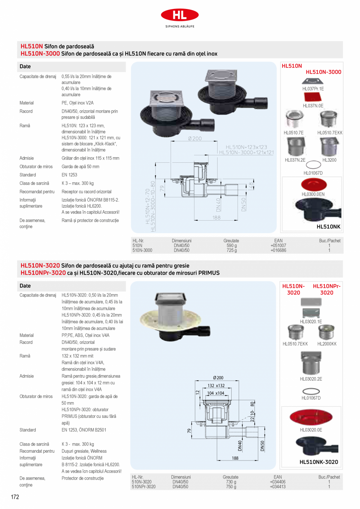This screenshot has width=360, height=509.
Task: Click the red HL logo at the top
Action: click(180, 15)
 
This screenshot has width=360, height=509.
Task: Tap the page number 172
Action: click(14, 497)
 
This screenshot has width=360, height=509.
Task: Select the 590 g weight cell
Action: click(232, 245)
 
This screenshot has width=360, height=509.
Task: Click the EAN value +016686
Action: click(278, 250)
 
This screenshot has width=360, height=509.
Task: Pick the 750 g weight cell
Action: click(230, 487)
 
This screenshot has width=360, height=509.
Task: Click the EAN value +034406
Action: click(277, 482)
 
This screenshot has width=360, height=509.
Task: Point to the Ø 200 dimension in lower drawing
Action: click(218, 378)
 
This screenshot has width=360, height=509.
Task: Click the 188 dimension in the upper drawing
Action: click(216, 218)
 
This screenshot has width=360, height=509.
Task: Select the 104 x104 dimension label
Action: click(216, 393)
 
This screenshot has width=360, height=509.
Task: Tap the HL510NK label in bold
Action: click(328, 226)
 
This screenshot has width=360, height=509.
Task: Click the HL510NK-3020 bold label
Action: click(319, 462)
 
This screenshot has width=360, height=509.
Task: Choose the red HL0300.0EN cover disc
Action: click(313, 184)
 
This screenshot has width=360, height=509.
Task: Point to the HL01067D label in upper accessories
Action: click(313, 173)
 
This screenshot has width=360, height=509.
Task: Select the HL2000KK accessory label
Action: click(327, 344)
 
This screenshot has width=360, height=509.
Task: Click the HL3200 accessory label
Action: click(329, 160)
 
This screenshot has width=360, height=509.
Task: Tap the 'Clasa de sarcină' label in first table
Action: click(34, 183)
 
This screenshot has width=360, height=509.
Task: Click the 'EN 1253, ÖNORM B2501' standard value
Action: click(84, 430)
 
